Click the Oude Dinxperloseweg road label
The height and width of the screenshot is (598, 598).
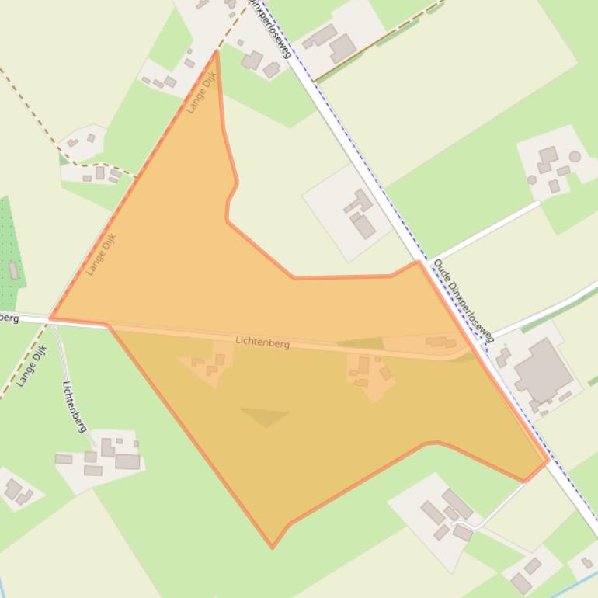(463, 301)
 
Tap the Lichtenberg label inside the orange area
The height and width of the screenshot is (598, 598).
(262, 342)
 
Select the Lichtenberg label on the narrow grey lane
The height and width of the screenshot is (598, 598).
(75, 406)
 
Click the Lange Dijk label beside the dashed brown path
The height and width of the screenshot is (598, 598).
(32, 365)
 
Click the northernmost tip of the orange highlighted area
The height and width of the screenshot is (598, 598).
(217, 52)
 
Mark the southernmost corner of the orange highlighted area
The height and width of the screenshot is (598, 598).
(272, 547)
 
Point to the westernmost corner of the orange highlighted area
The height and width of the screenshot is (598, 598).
(50, 318)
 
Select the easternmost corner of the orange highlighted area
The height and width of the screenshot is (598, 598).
(548, 461)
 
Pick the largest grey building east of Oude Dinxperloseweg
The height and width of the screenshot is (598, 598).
(543, 372)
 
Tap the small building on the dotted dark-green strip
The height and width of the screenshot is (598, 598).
(14, 270)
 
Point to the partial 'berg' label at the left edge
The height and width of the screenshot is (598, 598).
(9, 318)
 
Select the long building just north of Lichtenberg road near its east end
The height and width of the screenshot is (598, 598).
(440, 342)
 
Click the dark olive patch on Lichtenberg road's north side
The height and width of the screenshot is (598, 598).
(361, 343)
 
